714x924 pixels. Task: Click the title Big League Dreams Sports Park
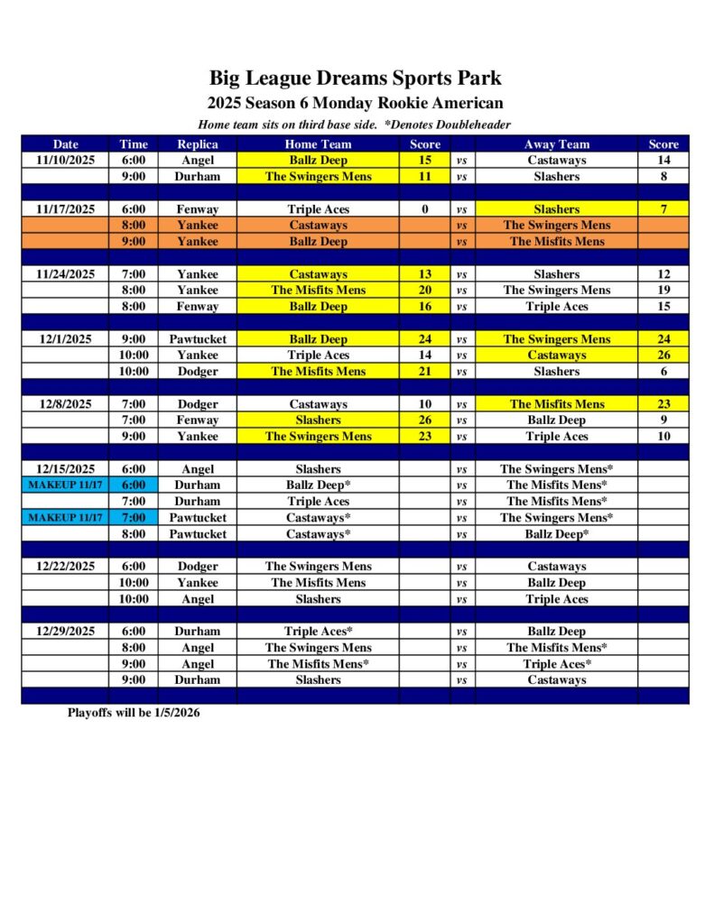[355, 79]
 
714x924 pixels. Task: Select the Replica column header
[197, 144]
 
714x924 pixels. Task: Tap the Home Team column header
[318, 144]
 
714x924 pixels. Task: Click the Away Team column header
[556, 144]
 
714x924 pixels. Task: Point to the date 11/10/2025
[65, 161]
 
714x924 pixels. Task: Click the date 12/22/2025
[65, 567]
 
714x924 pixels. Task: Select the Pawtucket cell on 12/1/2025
[197, 339]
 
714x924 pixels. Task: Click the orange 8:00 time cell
[133, 226]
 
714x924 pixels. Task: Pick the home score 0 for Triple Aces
[424, 209]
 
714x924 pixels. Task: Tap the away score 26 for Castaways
[663, 356]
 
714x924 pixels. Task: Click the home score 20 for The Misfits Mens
[424, 291]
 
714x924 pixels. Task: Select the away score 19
[663, 291]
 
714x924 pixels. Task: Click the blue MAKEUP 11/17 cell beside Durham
[65, 485]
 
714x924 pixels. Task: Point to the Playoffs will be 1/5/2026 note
[134, 713]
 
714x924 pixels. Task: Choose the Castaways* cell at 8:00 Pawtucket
[318, 534]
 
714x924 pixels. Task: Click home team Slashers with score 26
[318, 420]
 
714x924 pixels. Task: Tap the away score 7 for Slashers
[663, 209]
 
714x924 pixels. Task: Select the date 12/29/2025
[65, 632]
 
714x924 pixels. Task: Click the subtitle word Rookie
[395, 104]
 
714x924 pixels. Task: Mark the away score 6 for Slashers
[663, 372]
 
